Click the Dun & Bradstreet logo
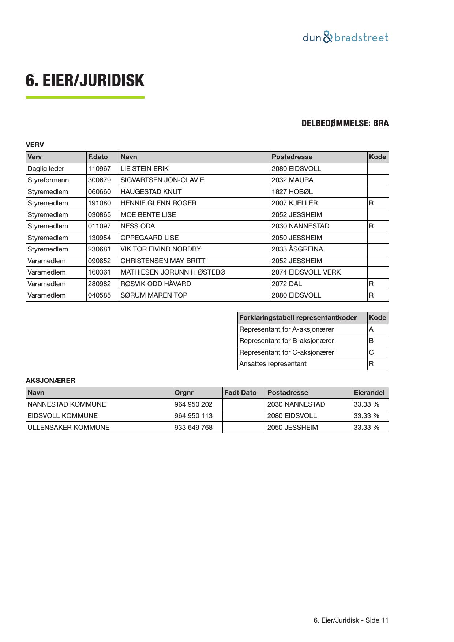click(x=345, y=37)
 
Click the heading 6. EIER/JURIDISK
click(x=85, y=81)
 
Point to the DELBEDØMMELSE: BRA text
click(x=345, y=123)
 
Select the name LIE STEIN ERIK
click(x=145, y=169)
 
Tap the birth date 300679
click(x=100, y=180)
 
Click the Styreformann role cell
click(x=48, y=180)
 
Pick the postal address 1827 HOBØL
click(x=292, y=192)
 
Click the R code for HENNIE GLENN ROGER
click(x=371, y=203)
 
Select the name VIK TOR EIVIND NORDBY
click(x=161, y=249)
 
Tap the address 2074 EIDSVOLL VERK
click(x=306, y=272)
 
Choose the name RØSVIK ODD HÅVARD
click(x=155, y=284)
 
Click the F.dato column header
click(x=98, y=157)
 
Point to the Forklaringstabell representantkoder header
click(x=298, y=318)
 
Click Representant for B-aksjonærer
click(x=286, y=341)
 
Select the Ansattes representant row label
click(x=273, y=364)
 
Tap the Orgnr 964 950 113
click(x=193, y=416)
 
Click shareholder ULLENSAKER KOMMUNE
click(x=68, y=428)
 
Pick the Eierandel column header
click(x=369, y=393)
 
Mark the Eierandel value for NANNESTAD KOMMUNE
click(x=366, y=404)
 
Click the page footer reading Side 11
click(x=351, y=620)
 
